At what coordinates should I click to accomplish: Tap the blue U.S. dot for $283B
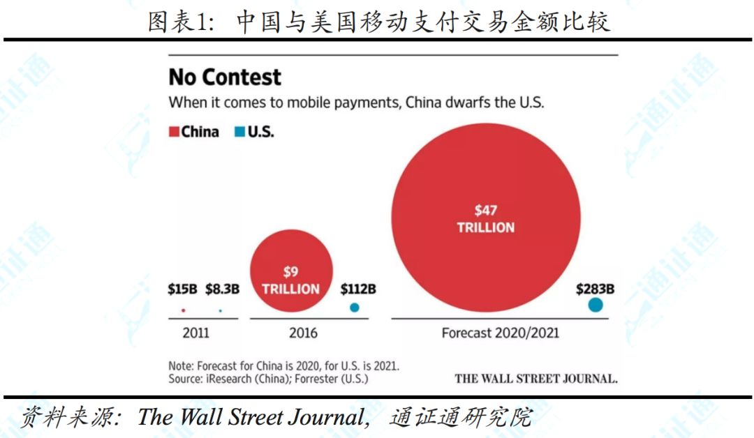[x=596, y=305]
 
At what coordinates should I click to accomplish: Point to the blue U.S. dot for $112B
[x=355, y=308]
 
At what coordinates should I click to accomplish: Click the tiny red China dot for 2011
[x=183, y=310]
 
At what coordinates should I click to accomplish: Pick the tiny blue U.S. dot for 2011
[x=221, y=310]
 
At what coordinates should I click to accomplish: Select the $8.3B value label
[x=222, y=289]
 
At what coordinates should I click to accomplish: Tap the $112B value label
[x=357, y=289]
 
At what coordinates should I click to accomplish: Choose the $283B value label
[x=595, y=289]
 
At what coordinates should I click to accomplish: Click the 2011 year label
[x=195, y=333]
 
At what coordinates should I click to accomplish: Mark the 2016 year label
[x=304, y=333]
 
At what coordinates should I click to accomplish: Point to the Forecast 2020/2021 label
[x=500, y=333]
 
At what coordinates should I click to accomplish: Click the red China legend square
[x=174, y=132]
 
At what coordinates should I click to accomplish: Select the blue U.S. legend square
[x=239, y=132]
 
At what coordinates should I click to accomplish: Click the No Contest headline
[x=225, y=77]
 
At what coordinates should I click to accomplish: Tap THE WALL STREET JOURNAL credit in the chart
[x=536, y=379]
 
